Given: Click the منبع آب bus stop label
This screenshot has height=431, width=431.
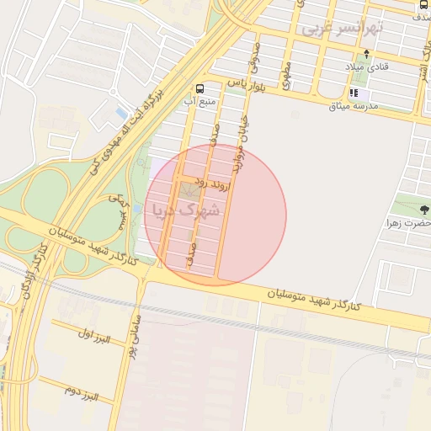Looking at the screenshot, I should click(x=200, y=102).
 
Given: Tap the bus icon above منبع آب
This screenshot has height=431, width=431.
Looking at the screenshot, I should click(x=200, y=88).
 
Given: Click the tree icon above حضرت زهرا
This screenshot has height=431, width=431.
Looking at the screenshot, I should click(x=423, y=209).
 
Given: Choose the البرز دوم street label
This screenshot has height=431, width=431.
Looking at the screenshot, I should click(x=82, y=392).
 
